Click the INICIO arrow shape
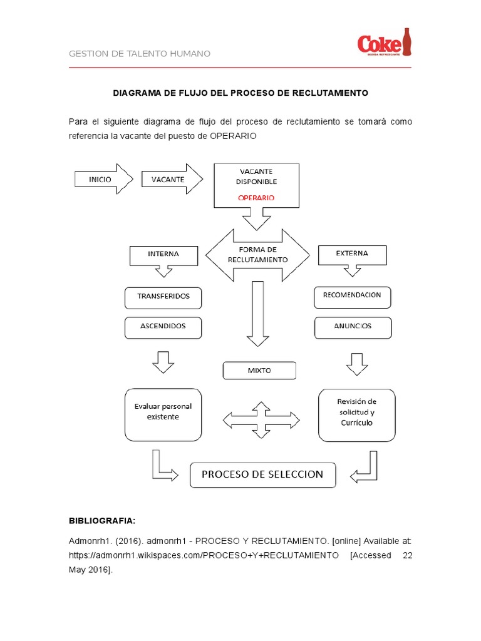(102, 179)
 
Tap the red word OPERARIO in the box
(256, 198)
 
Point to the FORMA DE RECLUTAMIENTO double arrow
(257, 255)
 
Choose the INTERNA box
(163, 254)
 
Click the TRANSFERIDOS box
(163, 297)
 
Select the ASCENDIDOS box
(163, 326)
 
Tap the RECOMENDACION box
(352, 295)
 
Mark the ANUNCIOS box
(353, 326)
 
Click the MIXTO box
(259, 371)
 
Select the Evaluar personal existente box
(163, 413)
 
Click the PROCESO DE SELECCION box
(262, 474)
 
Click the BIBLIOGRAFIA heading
(101, 521)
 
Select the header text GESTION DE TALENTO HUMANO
(139, 54)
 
